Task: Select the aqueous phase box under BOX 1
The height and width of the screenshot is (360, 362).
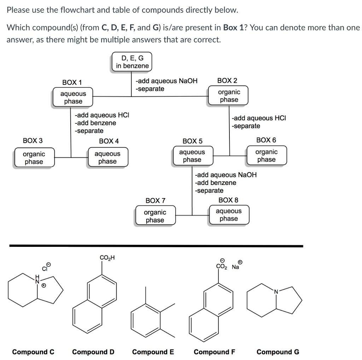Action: pos(73,97)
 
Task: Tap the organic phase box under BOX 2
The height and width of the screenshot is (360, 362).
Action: pos(229,96)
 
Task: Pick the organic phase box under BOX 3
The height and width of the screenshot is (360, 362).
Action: pos(34,158)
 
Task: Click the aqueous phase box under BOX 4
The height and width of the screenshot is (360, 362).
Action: pos(107,157)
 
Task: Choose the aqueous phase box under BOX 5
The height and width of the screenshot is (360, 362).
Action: pos(192,156)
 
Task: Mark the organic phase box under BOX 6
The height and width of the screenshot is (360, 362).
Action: pos(266,156)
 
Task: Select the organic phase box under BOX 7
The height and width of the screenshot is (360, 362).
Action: pos(155,216)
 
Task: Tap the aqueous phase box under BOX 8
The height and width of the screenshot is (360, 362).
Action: pos(229,215)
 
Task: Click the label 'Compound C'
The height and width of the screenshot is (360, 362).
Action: pos(33,352)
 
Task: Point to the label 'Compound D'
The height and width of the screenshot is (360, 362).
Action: pos(93,352)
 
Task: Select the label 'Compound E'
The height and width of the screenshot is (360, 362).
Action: pos(153,352)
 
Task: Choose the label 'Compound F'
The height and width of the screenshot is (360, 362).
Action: pos(215,352)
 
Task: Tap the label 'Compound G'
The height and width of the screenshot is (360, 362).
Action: pos(278,352)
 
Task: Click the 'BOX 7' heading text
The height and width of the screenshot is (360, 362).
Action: pos(155,201)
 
